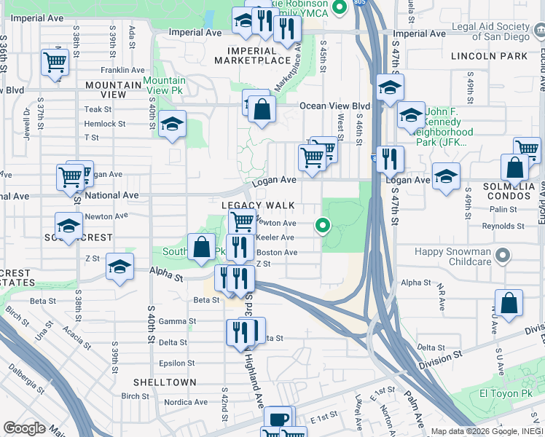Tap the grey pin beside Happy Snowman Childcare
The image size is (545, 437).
pos(501,256)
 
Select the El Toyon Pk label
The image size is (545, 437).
pos(503,394)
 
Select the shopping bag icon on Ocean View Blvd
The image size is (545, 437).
pos(262,109)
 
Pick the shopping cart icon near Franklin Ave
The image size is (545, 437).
pos(55,63)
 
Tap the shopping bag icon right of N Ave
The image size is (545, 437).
pos(509,303)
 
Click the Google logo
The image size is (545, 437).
pos(24,428)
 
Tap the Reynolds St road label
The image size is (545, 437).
pos(507,227)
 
